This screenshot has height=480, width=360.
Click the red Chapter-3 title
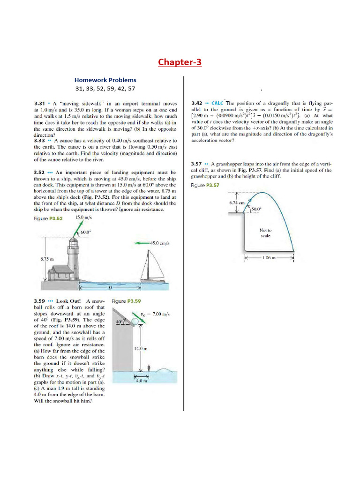[180, 62]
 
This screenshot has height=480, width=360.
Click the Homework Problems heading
[105, 80]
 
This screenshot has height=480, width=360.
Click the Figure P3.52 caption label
[48, 219]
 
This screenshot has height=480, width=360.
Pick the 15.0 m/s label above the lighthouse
[83, 218]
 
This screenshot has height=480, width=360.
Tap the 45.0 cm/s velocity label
[159, 243]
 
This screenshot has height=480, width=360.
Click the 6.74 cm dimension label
[237, 203]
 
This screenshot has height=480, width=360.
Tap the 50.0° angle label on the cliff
[256, 209]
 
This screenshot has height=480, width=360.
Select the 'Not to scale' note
[265, 233]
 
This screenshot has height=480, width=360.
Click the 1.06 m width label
[269, 257]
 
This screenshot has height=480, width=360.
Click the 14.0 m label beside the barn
[141, 348]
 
